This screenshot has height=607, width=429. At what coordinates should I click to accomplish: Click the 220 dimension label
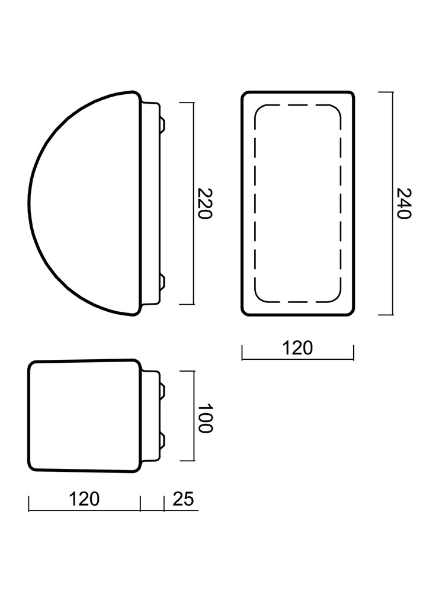click(204, 204)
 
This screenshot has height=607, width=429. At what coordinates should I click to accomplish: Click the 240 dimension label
click(404, 204)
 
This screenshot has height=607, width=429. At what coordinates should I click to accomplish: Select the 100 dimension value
click(204, 418)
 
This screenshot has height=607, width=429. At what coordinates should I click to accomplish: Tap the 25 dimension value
click(183, 499)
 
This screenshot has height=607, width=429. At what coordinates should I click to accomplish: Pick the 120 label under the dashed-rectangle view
click(297, 348)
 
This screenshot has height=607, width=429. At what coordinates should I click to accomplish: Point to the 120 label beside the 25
click(84, 499)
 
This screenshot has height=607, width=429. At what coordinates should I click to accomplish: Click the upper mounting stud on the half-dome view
click(162, 124)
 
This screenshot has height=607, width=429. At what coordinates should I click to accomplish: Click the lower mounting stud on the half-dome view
click(162, 283)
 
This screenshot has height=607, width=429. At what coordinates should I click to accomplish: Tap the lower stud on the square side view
click(162, 441)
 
